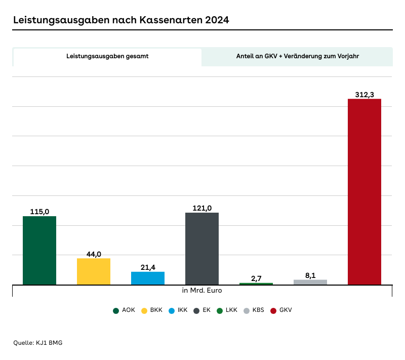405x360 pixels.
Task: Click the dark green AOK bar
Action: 39,250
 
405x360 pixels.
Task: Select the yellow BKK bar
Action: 94,271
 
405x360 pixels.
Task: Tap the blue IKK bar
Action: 148,278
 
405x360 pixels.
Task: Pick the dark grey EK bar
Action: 202,249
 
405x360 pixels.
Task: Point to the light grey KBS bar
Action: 310,282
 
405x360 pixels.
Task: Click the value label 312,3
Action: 364,94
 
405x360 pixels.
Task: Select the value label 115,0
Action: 39,212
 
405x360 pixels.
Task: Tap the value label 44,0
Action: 94,254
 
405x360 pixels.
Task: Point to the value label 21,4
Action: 148,267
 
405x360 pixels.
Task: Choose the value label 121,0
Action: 202,208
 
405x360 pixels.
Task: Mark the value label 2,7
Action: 256,278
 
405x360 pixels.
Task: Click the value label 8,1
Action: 310,275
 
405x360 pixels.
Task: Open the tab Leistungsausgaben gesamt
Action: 107,57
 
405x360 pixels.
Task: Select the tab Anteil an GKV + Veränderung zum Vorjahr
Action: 297,57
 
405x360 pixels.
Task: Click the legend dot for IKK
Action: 170,310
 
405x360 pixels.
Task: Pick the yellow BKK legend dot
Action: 144,310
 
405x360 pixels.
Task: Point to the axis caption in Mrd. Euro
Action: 202,291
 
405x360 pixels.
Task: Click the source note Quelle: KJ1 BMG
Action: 37,343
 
